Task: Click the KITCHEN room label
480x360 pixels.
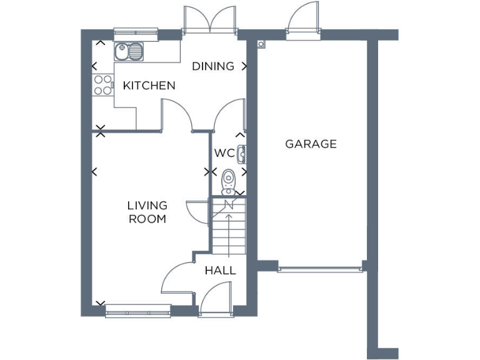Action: tap(149, 86)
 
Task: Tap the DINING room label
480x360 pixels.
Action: tap(212, 66)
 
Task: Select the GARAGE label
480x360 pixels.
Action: tap(311, 144)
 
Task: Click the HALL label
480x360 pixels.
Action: tap(220, 271)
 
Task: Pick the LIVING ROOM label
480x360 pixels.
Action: tap(147, 212)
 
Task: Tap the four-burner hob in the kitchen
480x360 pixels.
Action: tap(103, 85)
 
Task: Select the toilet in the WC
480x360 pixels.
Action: tap(229, 180)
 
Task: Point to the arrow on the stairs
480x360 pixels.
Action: tap(229, 231)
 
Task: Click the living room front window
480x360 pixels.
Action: tap(138, 309)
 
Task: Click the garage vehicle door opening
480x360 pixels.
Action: tap(320, 269)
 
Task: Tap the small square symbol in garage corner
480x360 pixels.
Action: tap(261, 44)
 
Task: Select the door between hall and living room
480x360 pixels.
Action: tap(178, 278)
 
